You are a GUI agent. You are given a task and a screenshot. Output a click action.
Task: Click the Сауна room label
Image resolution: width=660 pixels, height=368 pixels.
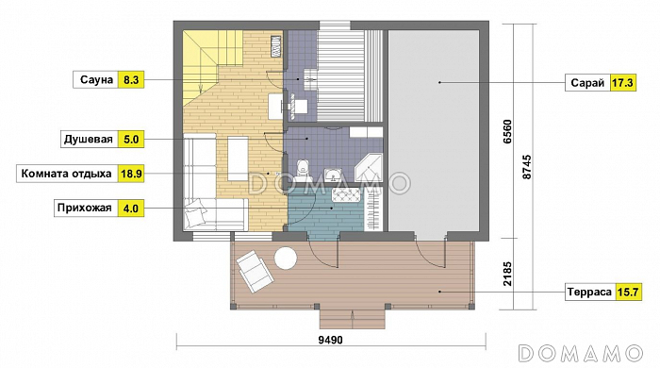pyautogui.click(x=96, y=80)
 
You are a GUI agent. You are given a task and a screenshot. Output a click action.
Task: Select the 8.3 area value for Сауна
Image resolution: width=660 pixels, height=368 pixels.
pyautogui.click(x=131, y=80)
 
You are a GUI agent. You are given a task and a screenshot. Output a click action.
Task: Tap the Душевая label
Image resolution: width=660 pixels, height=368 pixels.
pyautogui.click(x=89, y=140)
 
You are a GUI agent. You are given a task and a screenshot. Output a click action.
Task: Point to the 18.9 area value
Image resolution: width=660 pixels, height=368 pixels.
pyautogui.click(x=131, y=174)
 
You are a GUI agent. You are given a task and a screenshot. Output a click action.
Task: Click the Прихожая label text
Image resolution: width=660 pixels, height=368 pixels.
pyautogui.click(x=85, y=208)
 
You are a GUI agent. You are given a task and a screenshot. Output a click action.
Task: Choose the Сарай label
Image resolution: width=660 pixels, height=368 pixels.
pyautogui.click(x=587, y=83)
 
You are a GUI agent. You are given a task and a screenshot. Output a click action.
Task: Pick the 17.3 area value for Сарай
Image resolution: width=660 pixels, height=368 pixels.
pyautogui.click(x=622, y=83)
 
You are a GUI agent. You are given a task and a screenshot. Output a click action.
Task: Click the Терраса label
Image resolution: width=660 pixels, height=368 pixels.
pyautogui.click(x=589, y=292)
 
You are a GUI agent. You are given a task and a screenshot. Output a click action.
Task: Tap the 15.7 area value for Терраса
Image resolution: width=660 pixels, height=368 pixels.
pyautogui.click(x=628, y=292)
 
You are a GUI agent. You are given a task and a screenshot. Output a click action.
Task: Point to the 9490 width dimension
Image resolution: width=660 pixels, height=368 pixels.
pyautogui.click(x=330, y=340)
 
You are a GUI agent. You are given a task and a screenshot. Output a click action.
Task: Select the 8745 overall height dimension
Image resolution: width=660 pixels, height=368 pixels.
pyautogui.click(x=526, y=167)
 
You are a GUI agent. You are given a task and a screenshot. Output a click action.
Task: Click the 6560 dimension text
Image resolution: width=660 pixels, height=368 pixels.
pyautogui.click(x=507, y=132)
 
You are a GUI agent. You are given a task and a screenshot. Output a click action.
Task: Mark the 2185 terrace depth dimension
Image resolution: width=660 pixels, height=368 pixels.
pyautogui.click(x=507, y=274)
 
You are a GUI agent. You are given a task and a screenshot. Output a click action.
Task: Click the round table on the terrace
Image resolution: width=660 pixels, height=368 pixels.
pyautogui.click(x=286, y=258)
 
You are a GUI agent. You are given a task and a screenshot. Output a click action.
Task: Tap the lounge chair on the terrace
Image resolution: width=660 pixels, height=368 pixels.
pyautogui.click(x=256, y=272)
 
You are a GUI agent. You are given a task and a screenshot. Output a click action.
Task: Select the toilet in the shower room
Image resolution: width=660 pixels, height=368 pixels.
pyautogui.click(x=303, y=169)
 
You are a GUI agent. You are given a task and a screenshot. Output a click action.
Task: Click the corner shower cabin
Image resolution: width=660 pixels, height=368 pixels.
pyautogui.click(x=369, y=168)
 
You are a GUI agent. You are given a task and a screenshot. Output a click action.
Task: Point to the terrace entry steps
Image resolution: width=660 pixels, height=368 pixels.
pyautogui.click(x=353, y=319)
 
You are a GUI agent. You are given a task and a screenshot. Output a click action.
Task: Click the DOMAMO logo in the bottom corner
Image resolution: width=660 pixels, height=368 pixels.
pyautogui.click(x=581, y=353)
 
